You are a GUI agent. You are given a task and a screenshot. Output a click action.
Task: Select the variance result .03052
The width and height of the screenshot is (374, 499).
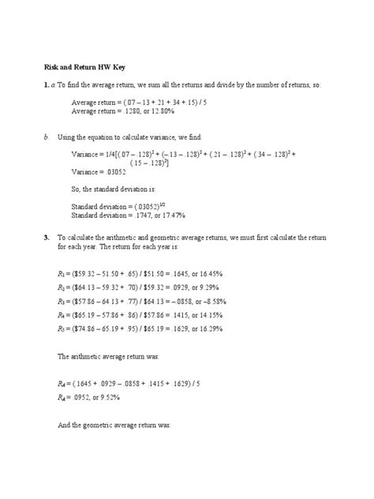116,170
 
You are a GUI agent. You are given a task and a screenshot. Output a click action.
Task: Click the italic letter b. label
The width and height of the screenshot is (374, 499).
47,137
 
